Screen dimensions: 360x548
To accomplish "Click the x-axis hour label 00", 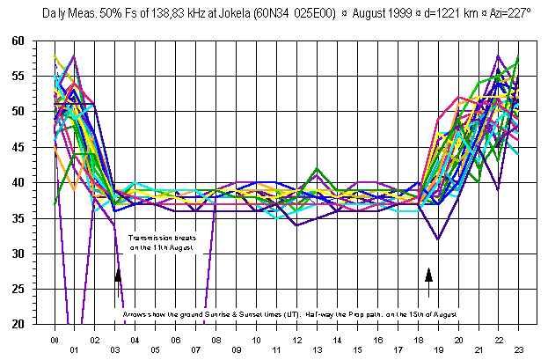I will pyautogui.click(x=55, y=339).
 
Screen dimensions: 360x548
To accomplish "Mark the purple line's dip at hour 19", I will pyautogui.click(x=437, y=239).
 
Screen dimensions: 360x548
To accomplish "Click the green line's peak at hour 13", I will pyautogui.click(x=317, y=168).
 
